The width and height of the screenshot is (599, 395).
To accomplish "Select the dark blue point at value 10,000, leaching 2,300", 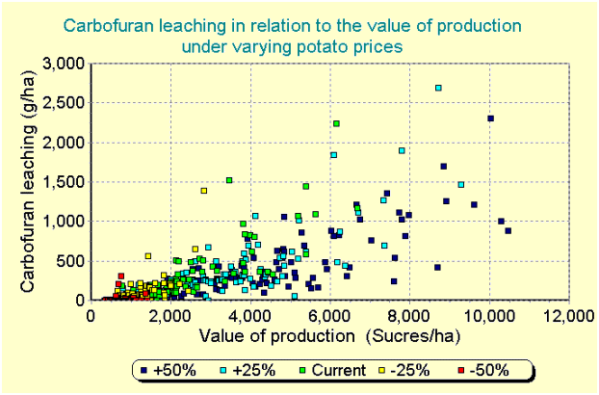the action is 491,118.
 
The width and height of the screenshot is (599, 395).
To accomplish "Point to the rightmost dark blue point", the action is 508,230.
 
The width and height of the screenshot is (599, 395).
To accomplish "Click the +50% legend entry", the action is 169,370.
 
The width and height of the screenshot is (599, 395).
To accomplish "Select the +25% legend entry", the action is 247,370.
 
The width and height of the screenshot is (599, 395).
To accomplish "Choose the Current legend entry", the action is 332,370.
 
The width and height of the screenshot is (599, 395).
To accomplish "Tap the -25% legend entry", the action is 404,370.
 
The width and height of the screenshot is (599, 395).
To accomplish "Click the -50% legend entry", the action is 483,370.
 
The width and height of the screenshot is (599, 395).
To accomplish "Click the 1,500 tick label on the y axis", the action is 64,182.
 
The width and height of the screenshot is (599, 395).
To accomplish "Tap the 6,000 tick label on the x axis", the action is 330,317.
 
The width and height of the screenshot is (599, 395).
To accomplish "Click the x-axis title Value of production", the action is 277,336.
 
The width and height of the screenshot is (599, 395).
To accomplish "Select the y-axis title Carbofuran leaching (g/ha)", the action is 28,181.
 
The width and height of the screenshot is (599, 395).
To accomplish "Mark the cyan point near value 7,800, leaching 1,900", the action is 402,150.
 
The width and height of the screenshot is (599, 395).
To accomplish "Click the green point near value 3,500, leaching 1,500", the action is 229,180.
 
